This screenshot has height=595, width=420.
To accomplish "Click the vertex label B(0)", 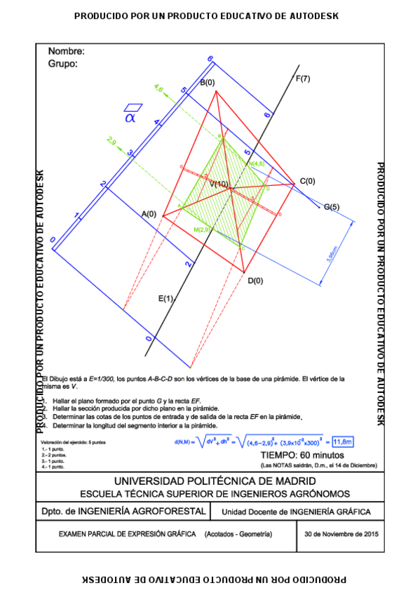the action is click(x=208, y=83).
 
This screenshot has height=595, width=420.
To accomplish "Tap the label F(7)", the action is click(x=304, y=78).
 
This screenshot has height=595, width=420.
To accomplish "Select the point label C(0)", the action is click(x=307, y=182).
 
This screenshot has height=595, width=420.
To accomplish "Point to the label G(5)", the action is click(x=331, y=207).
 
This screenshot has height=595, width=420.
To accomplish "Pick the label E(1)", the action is click(x=165, y=298).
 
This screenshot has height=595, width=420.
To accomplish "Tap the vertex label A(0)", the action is click(x=149, y=213).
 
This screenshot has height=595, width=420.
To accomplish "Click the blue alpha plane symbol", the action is click(x=130, y=114).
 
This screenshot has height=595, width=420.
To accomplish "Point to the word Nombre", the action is click(x=67, y=51).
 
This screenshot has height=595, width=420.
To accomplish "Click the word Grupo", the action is click(x=62, y=63).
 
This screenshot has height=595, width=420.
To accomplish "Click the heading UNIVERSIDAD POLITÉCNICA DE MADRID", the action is click(x=210, y=481).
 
